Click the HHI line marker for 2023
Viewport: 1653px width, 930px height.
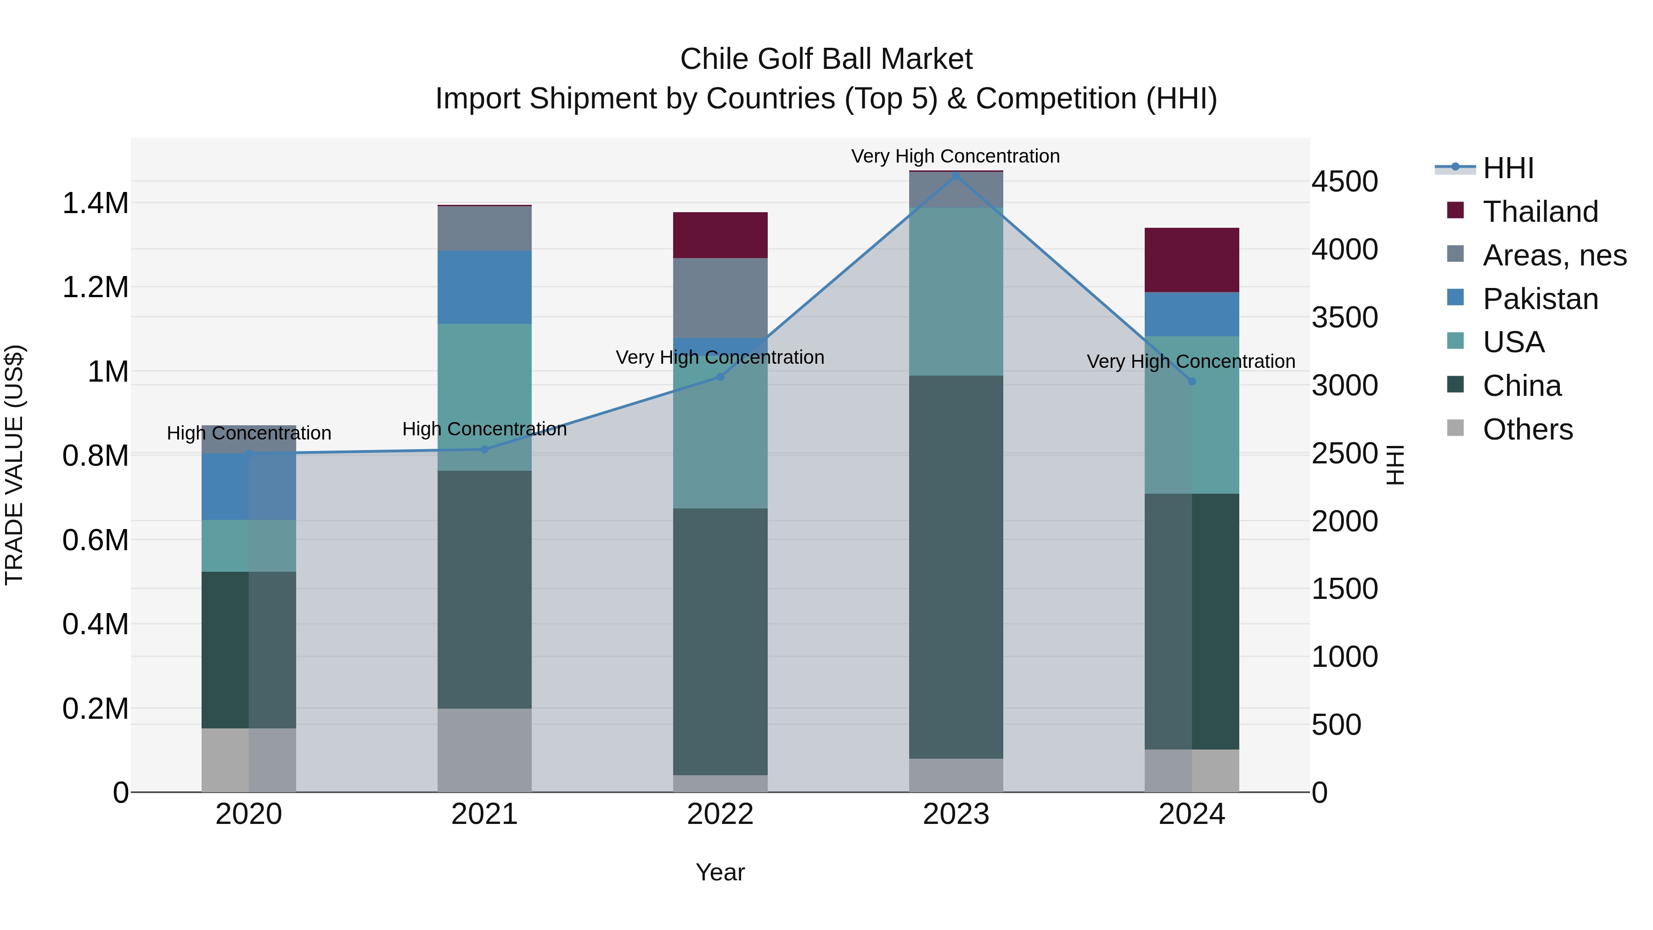pos(956,175)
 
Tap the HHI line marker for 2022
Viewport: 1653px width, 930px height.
pos(720,377)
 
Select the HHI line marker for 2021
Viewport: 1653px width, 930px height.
pos(484,449)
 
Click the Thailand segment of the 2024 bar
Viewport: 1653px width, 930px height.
pos(1192,260)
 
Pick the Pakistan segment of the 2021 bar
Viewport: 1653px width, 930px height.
pos(484,287)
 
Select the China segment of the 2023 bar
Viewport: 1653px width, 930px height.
pos(956,567)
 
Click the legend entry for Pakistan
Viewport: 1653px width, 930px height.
pos(1540,299)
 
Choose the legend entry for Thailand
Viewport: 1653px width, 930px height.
pos(1540,212)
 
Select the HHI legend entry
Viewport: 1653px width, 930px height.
pos(1507,168)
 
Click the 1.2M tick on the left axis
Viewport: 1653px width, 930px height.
pos(95,287)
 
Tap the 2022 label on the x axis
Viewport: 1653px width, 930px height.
pos(720,814)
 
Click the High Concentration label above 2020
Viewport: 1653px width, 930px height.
pos(249,433)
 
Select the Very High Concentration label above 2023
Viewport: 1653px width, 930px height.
pos(956,156)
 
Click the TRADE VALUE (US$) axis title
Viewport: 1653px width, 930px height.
pos(14,465)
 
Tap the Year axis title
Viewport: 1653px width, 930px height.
pos(720,872)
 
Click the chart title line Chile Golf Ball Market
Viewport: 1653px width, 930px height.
pos(826,59)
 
